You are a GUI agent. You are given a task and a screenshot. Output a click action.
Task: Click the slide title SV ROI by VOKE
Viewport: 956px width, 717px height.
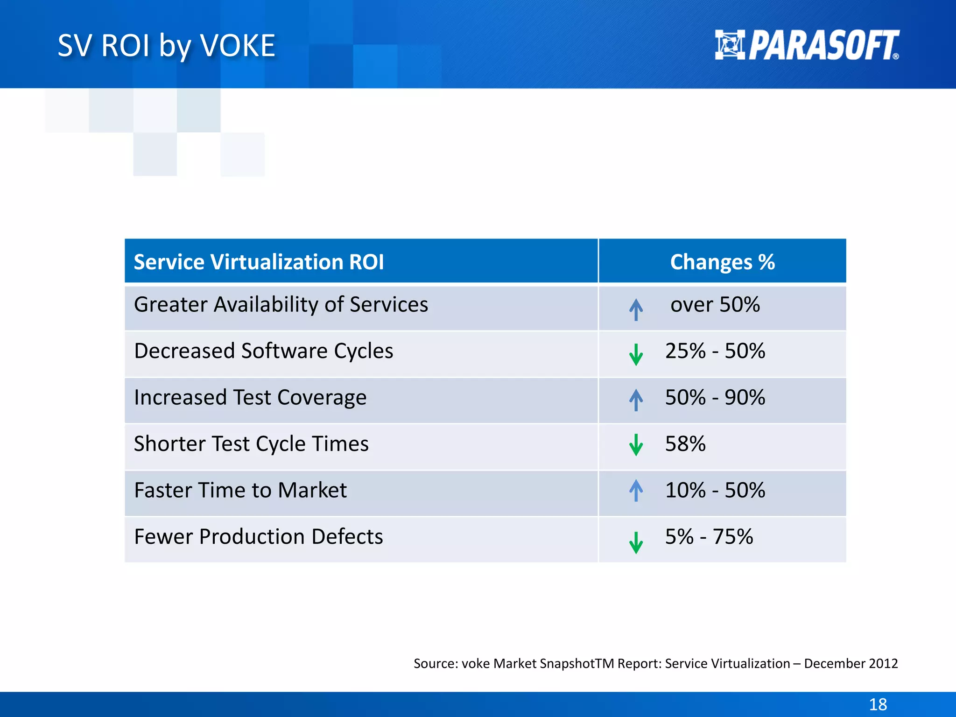[166, 46]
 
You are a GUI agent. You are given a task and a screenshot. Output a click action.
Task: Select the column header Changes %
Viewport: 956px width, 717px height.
[722, 262]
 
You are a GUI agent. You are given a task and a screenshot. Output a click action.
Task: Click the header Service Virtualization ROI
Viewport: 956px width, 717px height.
[259, 262]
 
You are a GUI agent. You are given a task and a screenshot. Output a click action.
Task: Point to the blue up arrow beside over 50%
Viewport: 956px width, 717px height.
[636, 309]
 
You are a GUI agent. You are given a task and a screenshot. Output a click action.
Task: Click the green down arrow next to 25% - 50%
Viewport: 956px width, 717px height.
[636, 354]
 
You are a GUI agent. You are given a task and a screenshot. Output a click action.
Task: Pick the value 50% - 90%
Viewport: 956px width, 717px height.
[715, 397]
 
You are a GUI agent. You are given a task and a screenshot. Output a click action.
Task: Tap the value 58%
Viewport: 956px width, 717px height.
[685, 443]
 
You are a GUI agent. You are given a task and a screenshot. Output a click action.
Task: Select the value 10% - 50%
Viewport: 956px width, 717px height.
[715, 490]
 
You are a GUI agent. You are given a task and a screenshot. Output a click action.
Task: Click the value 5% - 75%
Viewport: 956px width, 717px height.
[709, 536]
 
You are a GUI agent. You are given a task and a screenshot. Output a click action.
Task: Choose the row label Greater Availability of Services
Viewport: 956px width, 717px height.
[281, 304]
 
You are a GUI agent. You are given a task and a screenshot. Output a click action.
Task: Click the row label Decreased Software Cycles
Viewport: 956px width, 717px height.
[263, 351]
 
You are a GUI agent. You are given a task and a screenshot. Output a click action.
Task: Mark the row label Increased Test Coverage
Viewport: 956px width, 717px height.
[250, 397]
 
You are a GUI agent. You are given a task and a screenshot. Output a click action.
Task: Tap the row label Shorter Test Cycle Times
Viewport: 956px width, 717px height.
[251, 443]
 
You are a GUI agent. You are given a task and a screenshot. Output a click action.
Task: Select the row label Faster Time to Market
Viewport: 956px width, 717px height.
[240, 490]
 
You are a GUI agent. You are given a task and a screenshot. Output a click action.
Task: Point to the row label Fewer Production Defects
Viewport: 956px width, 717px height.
[258, 536]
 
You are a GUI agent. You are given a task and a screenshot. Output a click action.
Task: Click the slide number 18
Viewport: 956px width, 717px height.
[878, 704]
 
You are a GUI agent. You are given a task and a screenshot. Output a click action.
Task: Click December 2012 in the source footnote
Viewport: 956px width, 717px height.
[851, 663]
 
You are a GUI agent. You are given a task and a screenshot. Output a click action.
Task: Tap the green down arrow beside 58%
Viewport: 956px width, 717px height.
[636, 445]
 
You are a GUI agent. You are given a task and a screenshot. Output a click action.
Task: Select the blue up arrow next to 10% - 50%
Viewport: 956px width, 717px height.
[636, 490]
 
